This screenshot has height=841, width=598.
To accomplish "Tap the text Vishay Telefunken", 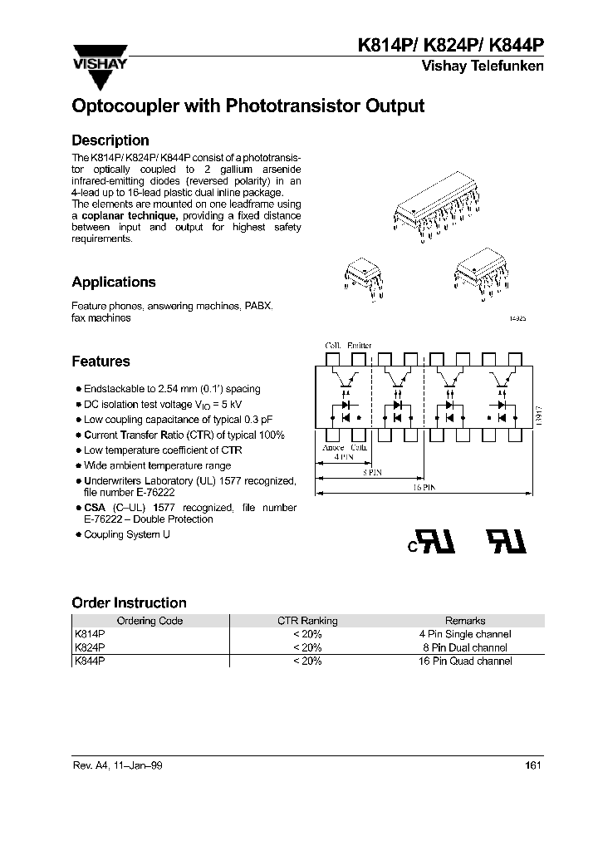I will pyautogui.click(x=483, y=66).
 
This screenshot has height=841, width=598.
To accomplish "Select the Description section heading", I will pyautogui.click(x=110, y=140).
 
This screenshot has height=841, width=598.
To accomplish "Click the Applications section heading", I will pyautogui.click(x=113, y=282).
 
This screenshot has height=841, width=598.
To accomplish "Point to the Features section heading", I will pyautogui.click(x=100, y=361).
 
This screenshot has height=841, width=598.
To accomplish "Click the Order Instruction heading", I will pyautogui.click(x=129, y=602).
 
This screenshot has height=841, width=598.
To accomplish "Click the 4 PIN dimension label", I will pyautogui.click(x=343, y=457).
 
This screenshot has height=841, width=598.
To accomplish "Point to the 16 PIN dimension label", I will pyautogui.click(x=424, y=489).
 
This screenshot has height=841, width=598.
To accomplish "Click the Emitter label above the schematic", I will pyautogui.click(x=360, y=345).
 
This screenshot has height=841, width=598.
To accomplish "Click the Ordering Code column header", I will pyautogui.click(x=149, y=621).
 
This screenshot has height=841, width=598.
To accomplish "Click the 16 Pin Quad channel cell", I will pyautogui.click(x=465, y=661).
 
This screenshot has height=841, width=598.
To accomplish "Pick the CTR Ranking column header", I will pyautogui.click(x=306, y=621).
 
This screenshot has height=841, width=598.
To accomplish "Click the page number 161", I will pyautogui.click(x=534, y=766).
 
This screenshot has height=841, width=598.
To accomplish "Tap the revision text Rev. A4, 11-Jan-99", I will pyautogui.click(x=117, y=766).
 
